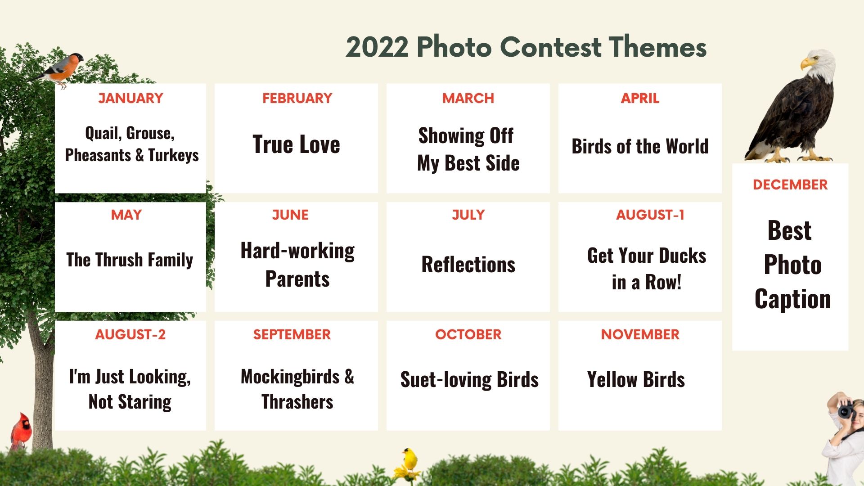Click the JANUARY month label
[130, 98]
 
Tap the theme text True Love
[296, 144]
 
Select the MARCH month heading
[468, 98]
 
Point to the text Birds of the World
[640, 147]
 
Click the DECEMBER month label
[790, 184]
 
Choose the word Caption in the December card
[792, 299]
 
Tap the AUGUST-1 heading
[650, 215]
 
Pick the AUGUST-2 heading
[130, 334]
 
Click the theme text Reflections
[468, 265]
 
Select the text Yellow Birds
[636, 379]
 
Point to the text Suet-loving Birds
[469, 379]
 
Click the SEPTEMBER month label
[292, 334]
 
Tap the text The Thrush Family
[130, 260]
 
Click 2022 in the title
[377, 47]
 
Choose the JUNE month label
[290, 215]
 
